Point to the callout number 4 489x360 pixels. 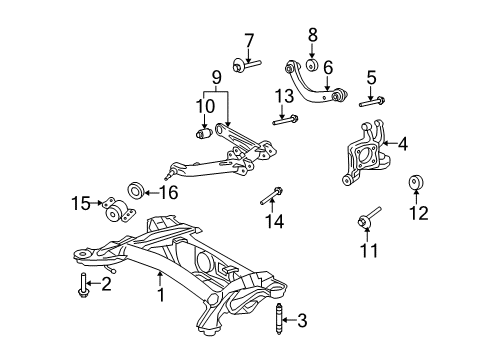403,144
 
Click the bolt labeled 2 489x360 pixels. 80,285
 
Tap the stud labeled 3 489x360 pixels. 282,322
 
